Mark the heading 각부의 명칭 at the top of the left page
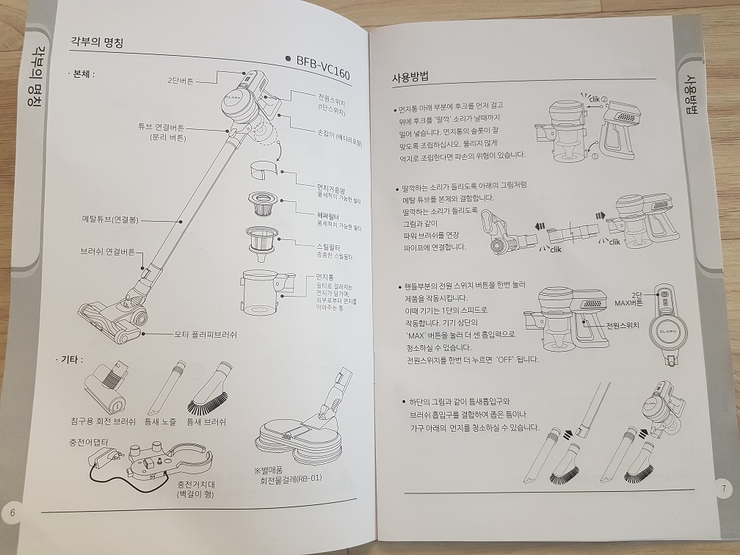tap(95, 43)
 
